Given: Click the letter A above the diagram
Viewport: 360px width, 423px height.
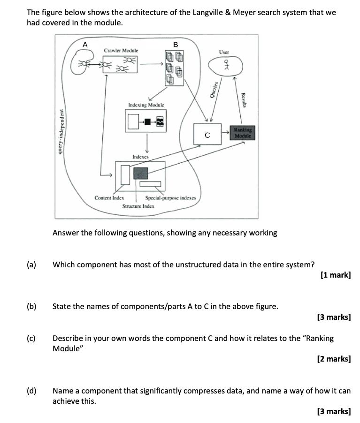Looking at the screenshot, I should [x=85, y=44].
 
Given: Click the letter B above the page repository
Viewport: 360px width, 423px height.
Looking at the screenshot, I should [x=176, y=44].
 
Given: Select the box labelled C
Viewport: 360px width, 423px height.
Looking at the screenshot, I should [x=207, y=135].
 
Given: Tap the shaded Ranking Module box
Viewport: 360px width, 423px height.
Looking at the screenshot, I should [x=243, y=132].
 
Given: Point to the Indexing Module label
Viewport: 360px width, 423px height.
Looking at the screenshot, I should [x=146, y=106].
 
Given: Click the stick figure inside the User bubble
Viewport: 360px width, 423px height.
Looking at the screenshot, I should [x=226, y=65].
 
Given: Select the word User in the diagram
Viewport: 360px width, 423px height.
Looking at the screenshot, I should [x=224, y=53].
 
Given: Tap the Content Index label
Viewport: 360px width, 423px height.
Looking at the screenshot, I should [x=109, y=198].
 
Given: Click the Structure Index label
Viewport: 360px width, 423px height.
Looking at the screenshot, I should [x=138, y=206].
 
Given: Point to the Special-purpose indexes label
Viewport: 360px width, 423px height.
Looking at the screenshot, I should [x=171, y=198].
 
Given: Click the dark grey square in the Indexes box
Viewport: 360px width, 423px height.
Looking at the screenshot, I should [x=140, y=173].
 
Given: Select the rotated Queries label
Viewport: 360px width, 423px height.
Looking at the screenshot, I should [x=215, y=89].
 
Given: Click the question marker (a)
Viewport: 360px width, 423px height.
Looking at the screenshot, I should [x=31, y=264].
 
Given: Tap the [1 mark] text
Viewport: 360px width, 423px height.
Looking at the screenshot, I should [x=335, y=275].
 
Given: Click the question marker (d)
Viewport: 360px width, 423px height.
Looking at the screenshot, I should [x=31, y=391].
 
